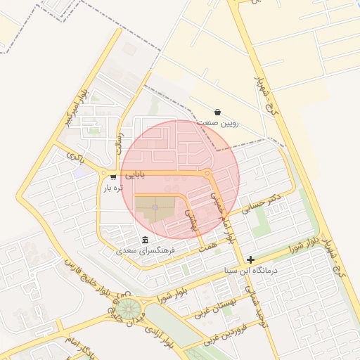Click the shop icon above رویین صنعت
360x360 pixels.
click(217, 112)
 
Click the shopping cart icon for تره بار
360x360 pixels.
click(113, 177)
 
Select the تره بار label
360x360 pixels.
click(113, 188)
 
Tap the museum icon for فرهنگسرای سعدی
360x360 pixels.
click(145, 239)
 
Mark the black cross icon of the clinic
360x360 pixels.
click(250, 259)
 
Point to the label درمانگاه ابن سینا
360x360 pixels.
click(251, 270)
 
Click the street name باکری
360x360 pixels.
click(75, 155)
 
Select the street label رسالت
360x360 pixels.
click(120, 143)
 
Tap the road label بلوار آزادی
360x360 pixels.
click(159, 337)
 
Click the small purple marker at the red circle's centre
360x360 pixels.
click(155, 207)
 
